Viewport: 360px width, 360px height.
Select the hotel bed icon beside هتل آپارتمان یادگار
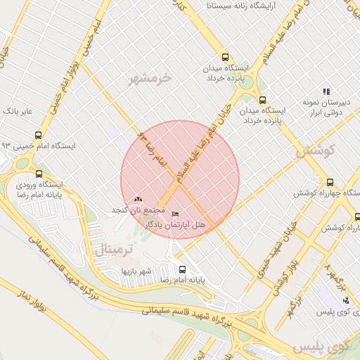point(175,214)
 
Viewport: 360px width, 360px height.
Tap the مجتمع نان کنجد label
point(137,210)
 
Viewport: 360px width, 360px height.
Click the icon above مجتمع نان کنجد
point(137,200)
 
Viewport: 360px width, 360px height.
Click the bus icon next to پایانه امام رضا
point(182,269)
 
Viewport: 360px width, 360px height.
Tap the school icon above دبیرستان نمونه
point(326,91)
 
